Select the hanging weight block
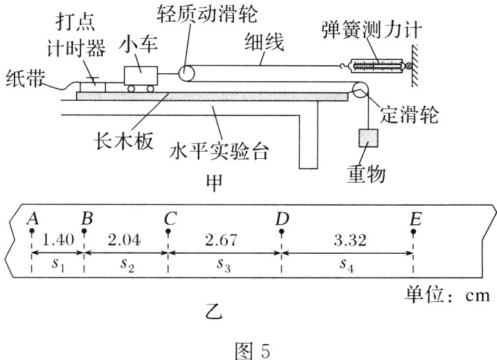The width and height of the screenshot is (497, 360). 367,136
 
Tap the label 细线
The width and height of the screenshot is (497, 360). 264,44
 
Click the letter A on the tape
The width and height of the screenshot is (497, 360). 30,218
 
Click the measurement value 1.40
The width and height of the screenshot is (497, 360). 57,240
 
